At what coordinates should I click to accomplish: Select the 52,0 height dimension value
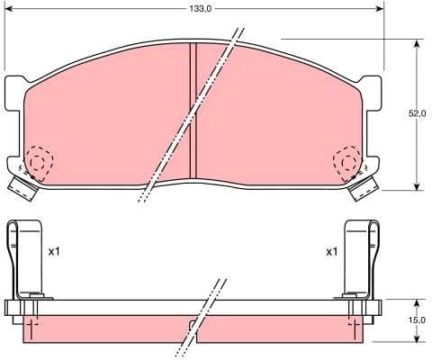[416, 114]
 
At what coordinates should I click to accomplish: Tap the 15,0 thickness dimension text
[416, 319]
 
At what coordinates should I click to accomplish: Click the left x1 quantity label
[54, 252]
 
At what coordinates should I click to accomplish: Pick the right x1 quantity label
[331, 252]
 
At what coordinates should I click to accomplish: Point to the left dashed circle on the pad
[38, 161]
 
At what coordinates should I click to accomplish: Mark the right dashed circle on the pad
[347, 163]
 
